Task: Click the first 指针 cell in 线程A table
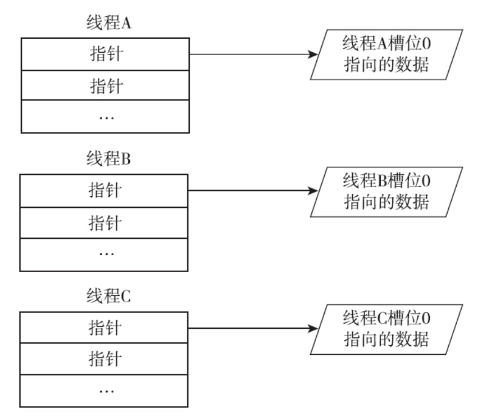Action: click(105, 54)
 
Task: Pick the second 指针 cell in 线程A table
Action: click(105, 85)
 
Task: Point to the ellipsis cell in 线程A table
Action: click(105, 117)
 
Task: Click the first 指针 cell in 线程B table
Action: click(105, 191)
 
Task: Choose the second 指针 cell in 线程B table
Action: click(105, 223)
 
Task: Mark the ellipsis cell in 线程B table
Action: click(105, 254)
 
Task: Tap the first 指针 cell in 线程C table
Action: click(105, 327)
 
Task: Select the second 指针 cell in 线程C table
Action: click(105, 358)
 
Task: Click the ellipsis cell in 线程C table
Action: click(105, 390)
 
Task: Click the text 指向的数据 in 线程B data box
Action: click(386, 202)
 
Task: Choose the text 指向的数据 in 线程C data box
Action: click(386, 339)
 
